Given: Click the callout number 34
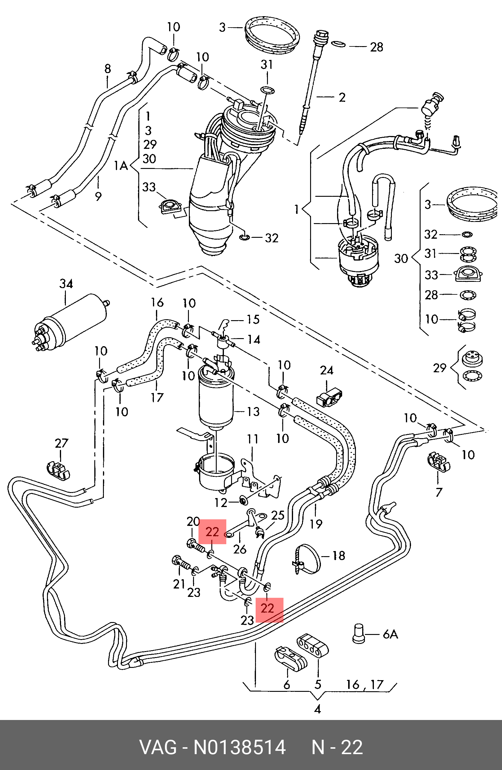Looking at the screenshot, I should point(66,284).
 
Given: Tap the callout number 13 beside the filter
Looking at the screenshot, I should point(253,412).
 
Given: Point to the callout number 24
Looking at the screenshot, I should point(327,370).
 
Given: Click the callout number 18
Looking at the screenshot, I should point(339,556).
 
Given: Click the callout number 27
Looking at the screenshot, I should point(61,443).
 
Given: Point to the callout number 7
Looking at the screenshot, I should point(439,492).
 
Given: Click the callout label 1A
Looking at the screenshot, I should point(121,166).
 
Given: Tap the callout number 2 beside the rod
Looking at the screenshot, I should point(342,97).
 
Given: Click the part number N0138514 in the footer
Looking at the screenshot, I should point(239,747).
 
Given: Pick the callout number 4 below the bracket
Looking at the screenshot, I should point(317,710).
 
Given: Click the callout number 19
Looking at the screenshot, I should point(316,524).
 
